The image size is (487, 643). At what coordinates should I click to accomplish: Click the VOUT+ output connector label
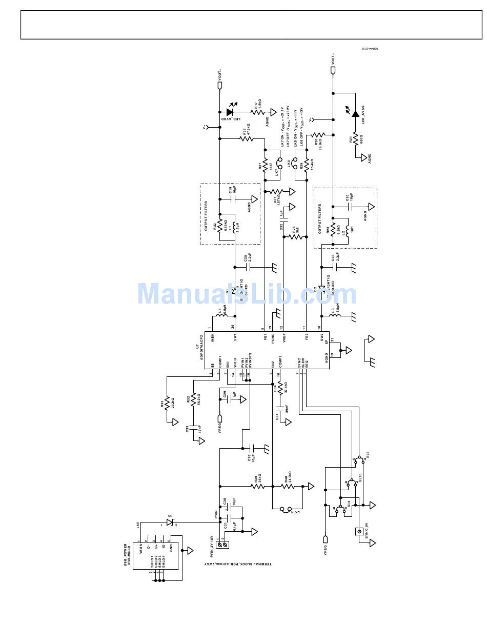click(220, 74)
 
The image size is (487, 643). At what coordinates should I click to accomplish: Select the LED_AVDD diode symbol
click(230, 112)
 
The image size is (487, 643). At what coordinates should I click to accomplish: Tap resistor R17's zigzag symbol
click(256, 112)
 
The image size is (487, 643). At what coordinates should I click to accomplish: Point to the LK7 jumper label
click(277, 173)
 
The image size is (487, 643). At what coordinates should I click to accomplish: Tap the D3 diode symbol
click(169, 523)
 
